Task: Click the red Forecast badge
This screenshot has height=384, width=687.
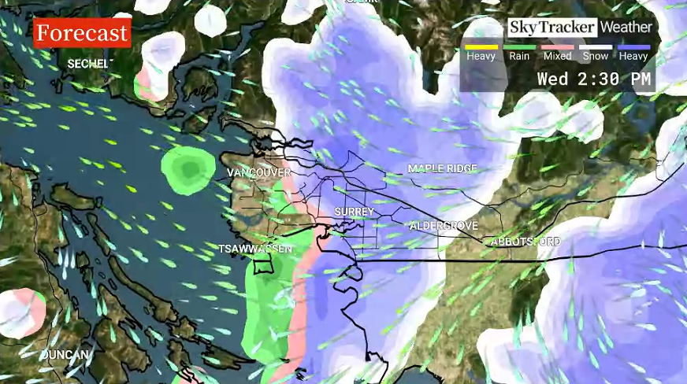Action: [81, 33]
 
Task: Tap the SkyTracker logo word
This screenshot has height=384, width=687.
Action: [551, 28]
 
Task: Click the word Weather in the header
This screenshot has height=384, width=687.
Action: [626, 28]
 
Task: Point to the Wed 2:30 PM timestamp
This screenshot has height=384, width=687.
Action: [595, 79]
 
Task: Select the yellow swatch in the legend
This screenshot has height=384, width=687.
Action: [481, 47]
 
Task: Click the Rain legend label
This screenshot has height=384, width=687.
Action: [519, 57]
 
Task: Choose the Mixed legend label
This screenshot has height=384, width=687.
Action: [557, 57]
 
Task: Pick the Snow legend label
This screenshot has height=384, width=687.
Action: [595, 57]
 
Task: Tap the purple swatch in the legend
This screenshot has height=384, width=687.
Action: [633, 47]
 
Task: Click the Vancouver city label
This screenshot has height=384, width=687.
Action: [258, 172]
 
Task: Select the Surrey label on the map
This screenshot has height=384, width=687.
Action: [354, 212]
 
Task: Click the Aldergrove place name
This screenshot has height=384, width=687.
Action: [444, 226]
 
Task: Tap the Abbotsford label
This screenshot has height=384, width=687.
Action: [526, 241]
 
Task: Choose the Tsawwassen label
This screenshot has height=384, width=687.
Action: [255, 249]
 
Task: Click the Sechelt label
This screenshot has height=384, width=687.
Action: [87, 63]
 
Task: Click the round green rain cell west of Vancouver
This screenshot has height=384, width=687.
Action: [188, 168]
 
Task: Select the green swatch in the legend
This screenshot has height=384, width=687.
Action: [519, 47]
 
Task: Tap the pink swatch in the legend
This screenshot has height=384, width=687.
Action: [557, 47]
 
